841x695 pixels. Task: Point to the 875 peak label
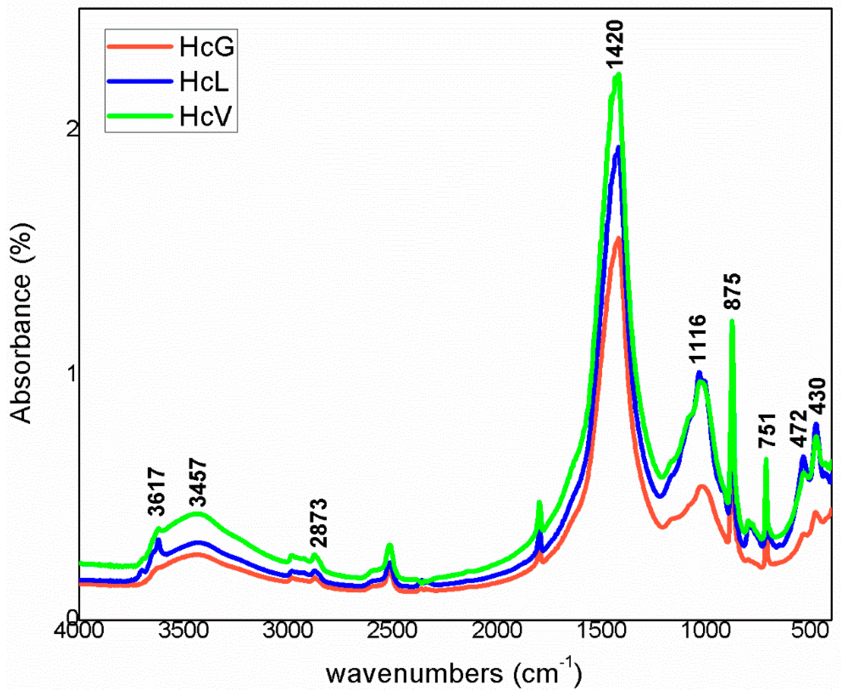tap(733, 291)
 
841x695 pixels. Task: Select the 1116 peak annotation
tap(698, 339)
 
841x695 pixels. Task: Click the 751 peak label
tap(767, 431)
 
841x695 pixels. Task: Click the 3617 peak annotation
tap(157, 491)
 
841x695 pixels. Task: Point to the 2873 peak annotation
tap(319, 523)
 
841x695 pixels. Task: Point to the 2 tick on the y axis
tap(72, 129)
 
